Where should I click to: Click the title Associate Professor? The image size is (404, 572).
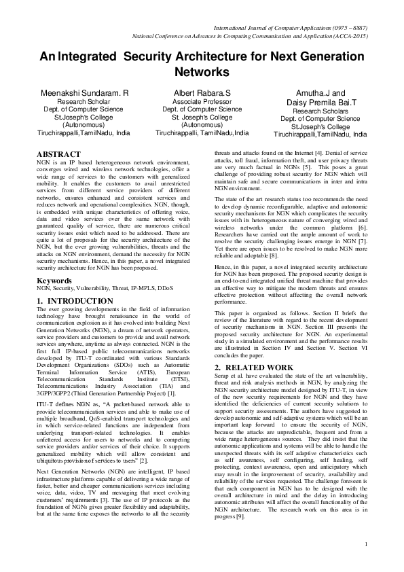pyautogui.click(x=202, y=101)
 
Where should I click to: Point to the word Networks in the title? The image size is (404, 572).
pyautogui.click(x=202, y=71)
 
